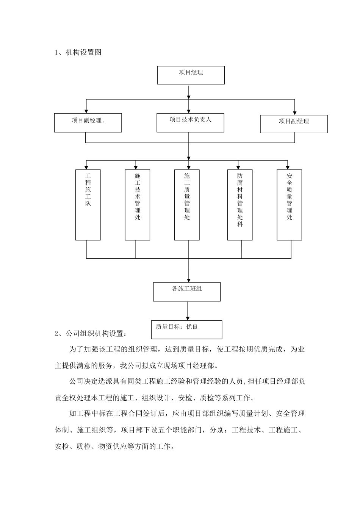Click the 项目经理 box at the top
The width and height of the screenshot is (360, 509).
point(191,75)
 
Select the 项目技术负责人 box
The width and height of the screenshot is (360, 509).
point(190,123)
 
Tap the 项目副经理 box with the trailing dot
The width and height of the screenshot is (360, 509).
point(88,123)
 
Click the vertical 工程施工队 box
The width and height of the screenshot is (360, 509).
point(88,205)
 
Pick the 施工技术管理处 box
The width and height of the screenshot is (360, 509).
point(138,205)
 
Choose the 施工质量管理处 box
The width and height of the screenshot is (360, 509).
point(187,205)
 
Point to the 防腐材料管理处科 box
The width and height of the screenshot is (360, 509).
point(240,205)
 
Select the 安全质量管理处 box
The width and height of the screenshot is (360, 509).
point(289,205)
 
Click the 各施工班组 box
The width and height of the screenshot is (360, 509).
point(187,292)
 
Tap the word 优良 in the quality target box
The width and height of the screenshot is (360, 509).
point(192,327)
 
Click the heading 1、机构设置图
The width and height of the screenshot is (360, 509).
point(78,53)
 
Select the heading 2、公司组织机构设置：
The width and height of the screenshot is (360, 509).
point(91,334)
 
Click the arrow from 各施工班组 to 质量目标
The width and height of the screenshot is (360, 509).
point(187,311)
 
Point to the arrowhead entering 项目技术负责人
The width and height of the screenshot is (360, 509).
point(189,111)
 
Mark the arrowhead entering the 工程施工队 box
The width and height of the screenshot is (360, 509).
point(87,167)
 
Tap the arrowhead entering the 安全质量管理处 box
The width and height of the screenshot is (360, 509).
point(288,167)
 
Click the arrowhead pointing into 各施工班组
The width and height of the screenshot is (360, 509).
point(189,279)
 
